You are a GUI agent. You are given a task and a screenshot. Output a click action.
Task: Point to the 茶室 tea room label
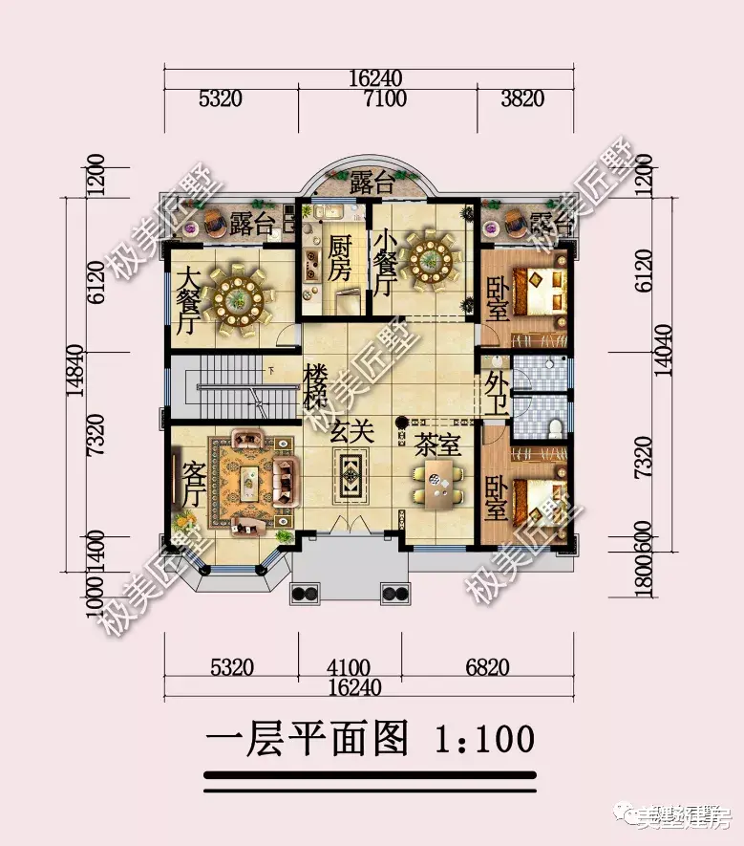[438, 444]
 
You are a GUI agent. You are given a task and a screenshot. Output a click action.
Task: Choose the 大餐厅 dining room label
[188, 299]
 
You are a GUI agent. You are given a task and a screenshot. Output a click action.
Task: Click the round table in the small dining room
[431, 258]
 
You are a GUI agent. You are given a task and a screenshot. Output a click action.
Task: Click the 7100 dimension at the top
[386, 98]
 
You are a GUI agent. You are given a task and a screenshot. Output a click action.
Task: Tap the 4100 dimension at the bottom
[346, 668]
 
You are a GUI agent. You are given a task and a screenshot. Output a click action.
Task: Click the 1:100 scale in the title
[483, 739]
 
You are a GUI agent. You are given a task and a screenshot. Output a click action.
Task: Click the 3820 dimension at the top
[521, 98]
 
